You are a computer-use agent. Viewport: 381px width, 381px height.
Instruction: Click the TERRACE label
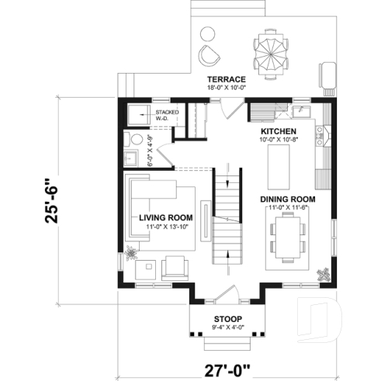click(227, 79)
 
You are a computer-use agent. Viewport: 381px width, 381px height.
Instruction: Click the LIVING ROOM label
click(165, 217)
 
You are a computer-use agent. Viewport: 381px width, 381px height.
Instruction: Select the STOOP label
click(227, 320)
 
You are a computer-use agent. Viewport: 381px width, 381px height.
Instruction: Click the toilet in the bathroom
click(137, 140)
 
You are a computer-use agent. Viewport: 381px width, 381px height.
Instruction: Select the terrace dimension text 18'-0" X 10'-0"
click(227, 88)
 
